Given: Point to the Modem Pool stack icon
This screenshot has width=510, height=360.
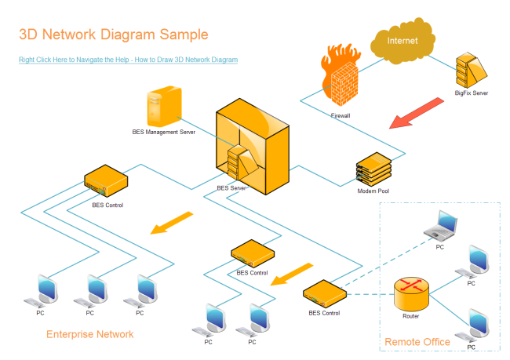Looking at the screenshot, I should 373,169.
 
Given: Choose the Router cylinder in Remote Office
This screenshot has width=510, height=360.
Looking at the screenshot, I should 411,293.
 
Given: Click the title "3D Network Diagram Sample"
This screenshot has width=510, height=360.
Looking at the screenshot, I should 114,35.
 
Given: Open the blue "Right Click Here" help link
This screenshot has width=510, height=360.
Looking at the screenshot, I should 128,60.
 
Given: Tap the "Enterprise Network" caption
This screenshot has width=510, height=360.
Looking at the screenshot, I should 89,334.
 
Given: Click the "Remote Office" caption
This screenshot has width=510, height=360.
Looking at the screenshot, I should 417,342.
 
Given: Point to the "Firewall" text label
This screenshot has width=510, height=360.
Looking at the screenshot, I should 341,115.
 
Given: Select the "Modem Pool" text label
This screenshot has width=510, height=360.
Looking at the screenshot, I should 373,191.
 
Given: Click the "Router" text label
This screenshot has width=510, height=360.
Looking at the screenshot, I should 411,316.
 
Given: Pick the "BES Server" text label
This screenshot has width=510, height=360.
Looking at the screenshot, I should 231,188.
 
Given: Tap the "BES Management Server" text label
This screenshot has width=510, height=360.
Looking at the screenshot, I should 163,133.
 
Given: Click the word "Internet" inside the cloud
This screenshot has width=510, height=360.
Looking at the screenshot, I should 402,41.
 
